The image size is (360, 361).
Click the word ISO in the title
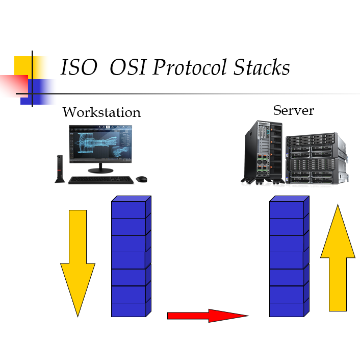coord(79,68)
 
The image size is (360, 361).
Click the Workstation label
coord(101,112)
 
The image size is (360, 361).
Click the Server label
coord(293,110)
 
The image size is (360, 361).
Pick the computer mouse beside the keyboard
coord(141,179)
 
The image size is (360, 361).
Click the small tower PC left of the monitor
coord(59,169)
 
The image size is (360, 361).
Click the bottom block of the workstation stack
coord(129,309)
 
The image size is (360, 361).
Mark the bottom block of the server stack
coord(287,309)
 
